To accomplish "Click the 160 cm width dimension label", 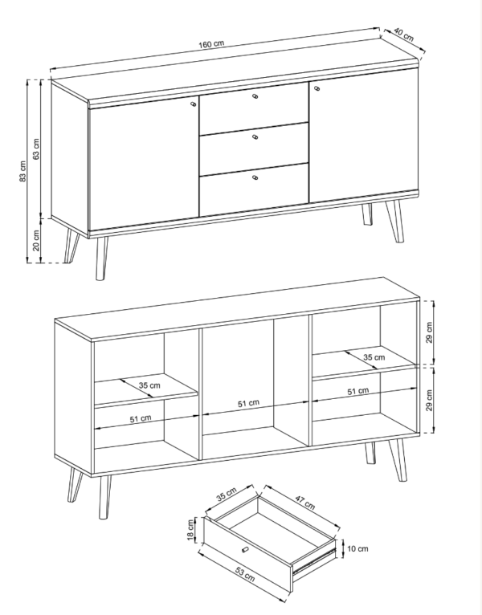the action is coord(211,44).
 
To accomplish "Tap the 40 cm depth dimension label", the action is coord(403,35).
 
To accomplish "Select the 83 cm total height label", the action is coord(22,171).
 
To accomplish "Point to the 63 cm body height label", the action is coord(35,149).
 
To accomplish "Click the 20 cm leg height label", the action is coord(35,240).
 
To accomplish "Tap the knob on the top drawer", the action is coord(255,96).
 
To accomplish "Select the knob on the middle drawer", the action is coord(255,137).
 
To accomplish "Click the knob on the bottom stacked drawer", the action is coord(255,177).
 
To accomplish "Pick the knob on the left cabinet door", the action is coord(193,104).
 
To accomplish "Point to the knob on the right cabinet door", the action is coord(317,88).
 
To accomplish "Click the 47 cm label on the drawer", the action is coord(305,503).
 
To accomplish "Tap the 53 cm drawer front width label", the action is coord(245,574).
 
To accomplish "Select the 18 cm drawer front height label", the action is coord(191,530).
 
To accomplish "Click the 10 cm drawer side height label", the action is coord(357,548).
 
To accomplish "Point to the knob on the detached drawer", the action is coord(245,549).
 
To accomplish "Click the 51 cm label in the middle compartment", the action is coord(248,403).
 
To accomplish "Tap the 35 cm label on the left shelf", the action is coord(149,385).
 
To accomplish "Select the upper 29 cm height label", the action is coord(429,332).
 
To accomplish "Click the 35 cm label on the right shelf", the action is coord(374,357).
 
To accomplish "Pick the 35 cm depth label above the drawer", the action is coord(227,494).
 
